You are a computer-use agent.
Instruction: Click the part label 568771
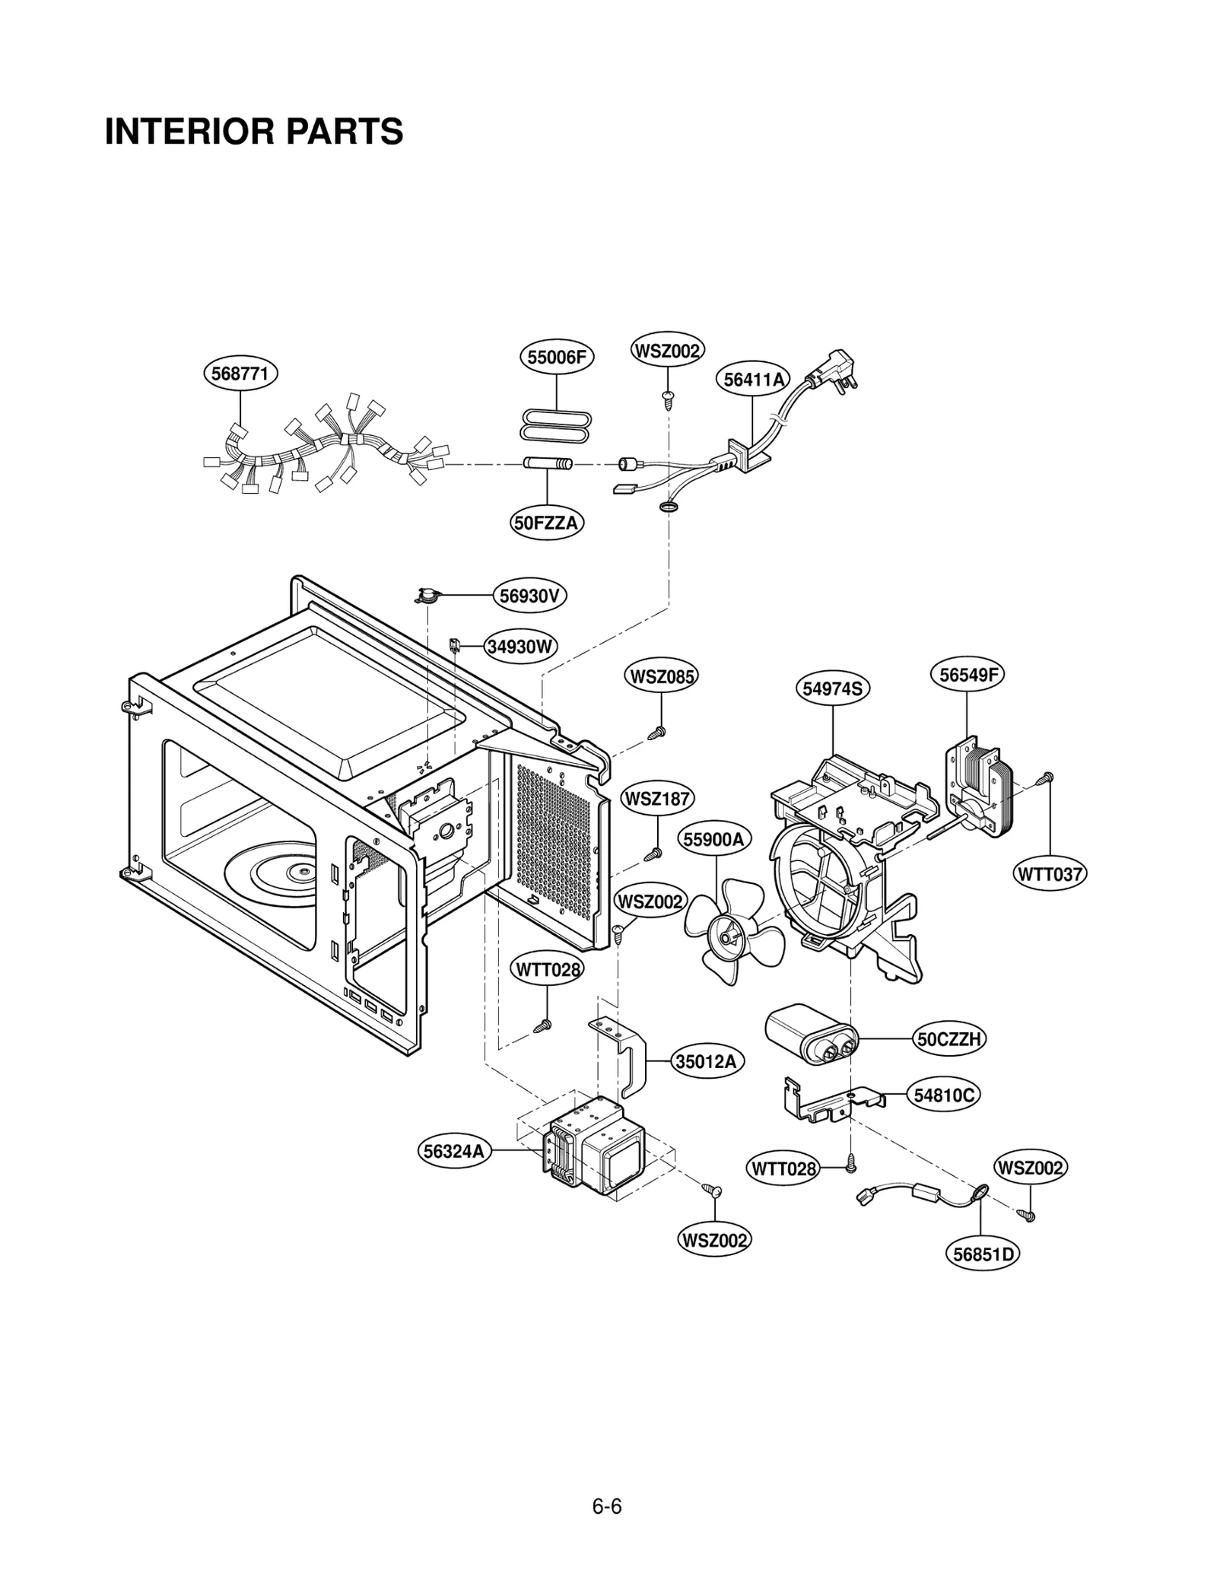click(x=240, y=374)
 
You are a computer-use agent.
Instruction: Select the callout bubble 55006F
click(x=556, y=358)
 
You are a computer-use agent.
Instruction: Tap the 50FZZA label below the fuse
click(x=547, y=523)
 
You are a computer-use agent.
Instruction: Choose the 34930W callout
click(x=521, y=647)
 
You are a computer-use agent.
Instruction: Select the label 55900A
click(x=713, y=840)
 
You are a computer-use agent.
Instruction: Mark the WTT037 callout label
click(x=1050, y=874)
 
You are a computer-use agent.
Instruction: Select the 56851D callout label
click(x=983, y=1254)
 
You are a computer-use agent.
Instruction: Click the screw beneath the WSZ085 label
click(x=658, y=733)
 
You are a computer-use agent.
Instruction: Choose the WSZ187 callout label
click(x=657, y=800)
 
